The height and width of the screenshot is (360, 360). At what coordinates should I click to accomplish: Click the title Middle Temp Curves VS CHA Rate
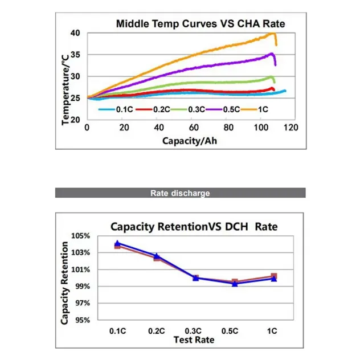[201, 24]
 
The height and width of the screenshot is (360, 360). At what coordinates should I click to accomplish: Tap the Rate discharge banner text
[180, 193]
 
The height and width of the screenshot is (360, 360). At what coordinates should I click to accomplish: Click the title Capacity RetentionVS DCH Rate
[194, 227]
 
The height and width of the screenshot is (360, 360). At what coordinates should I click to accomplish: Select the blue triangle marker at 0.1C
[117, 243]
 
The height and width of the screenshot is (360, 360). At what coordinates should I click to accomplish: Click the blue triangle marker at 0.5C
[235, 283]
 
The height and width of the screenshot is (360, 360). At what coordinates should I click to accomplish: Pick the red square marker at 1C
[274, 276]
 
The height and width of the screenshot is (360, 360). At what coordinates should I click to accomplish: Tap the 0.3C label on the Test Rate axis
[195, 331]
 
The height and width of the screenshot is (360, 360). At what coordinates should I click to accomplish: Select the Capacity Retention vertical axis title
[65, 283]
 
